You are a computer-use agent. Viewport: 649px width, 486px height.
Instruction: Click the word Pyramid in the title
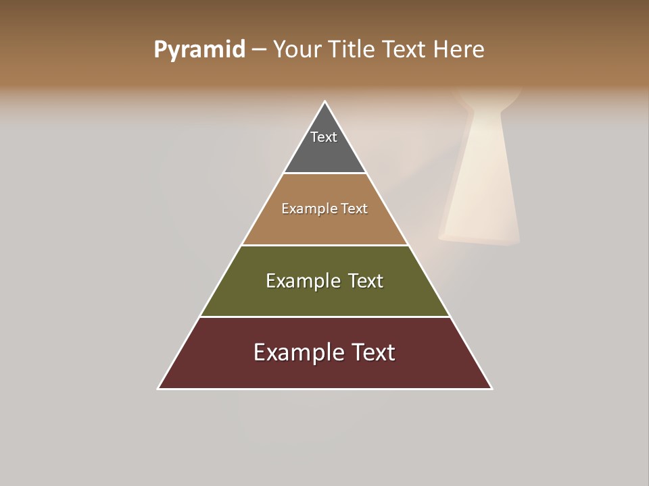click(x=199, y=50)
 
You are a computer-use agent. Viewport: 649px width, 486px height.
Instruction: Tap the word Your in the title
click(x=295, y=50)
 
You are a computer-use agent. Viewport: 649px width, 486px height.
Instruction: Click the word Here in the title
click(x=459, y=50)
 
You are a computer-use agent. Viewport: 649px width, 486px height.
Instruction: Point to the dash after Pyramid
click(x=259, y=50)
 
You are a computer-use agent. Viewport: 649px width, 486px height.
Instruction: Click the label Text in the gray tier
click(x=324, y=137)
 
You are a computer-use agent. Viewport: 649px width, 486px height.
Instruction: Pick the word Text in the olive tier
click(x=366, y=281)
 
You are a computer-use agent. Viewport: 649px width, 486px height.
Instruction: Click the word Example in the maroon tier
click(x=293, y=352)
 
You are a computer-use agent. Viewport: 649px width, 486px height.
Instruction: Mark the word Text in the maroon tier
click(x=373, y=352)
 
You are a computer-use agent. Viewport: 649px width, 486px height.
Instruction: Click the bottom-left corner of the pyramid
click(x=159, y=388)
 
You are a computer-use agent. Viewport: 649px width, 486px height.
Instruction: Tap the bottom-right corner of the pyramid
click(x=491, y=388)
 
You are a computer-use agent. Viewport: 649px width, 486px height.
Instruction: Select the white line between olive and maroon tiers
click(x=324, y=317)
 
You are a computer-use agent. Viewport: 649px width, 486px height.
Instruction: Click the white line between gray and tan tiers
click(x=324, y=173)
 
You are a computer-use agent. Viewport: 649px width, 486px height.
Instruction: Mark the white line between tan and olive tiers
click(x=324, y=245)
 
